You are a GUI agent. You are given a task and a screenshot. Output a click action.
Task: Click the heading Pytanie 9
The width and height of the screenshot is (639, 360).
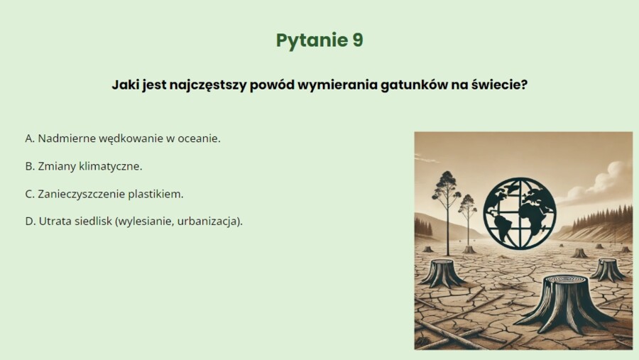(319, 40)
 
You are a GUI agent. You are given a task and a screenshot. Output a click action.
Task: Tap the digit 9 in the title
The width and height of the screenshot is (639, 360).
(356, 40)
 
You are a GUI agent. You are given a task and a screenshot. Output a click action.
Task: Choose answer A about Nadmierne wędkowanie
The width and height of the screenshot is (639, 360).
(123, 138)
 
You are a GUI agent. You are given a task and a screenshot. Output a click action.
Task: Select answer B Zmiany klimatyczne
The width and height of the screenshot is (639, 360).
(84, 166)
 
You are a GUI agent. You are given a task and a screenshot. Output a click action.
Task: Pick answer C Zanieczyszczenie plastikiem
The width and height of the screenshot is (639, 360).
(104, 194)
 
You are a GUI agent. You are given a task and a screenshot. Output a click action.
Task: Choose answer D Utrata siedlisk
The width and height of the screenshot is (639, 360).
(134, 221)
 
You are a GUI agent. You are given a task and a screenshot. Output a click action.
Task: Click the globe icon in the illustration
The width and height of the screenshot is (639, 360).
(520, 213)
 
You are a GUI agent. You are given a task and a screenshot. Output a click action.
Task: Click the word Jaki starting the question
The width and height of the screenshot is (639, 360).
(125, 84)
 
